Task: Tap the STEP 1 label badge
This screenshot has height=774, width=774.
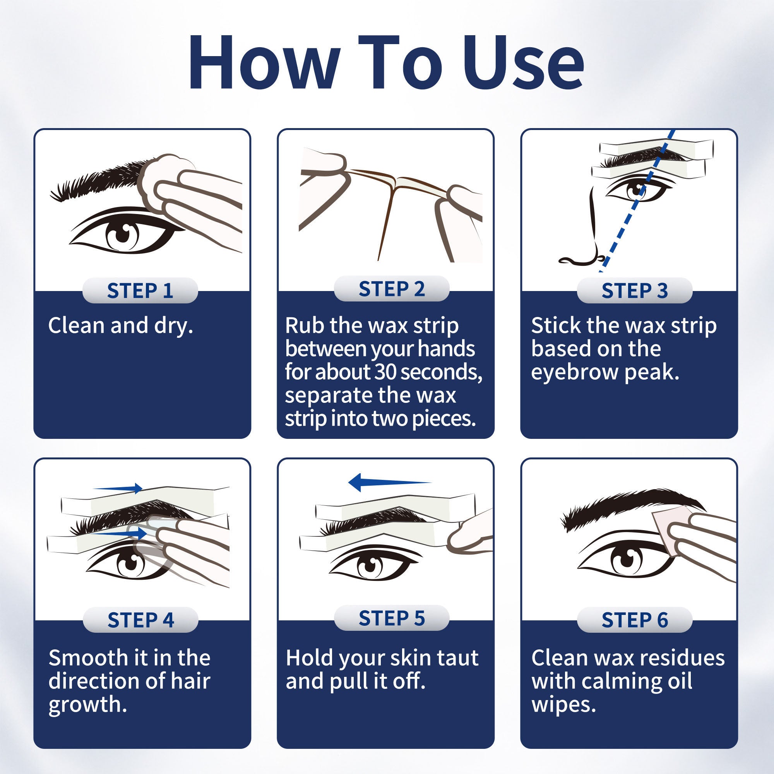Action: pos(140,291)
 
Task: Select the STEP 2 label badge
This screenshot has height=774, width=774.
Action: pos(391,288)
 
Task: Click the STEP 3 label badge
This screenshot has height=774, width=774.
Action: pos(635,291)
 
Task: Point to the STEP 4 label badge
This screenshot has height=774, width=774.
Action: pos(140,620)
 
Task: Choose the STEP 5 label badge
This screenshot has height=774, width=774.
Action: pos(391,618)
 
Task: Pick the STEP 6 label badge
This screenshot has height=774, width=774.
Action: pos(635,620)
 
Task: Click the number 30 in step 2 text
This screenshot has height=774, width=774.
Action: pos(386,372)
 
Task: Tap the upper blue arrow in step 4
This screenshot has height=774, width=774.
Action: pos(118,488)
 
